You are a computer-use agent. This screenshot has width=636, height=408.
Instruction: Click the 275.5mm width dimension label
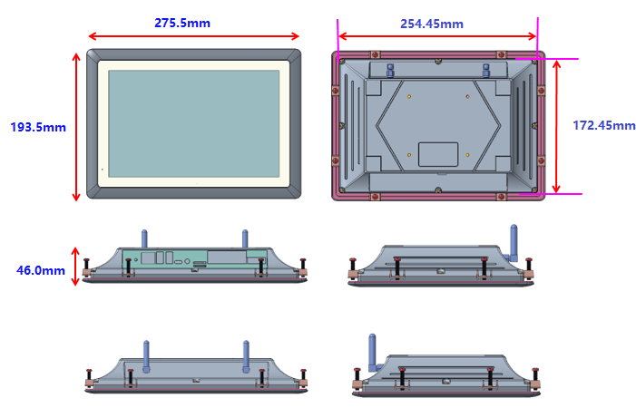(x=182, y=23)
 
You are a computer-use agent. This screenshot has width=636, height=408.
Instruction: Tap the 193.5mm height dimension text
(x=38, y=127)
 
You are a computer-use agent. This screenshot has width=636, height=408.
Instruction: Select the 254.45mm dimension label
(x=432, y=24)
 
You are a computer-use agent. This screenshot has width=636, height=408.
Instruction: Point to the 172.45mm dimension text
(x=604, y=125)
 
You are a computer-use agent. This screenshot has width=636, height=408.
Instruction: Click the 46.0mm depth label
(x=41, y=270)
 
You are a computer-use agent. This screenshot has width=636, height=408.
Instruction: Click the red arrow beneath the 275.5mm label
(x=193, y=36)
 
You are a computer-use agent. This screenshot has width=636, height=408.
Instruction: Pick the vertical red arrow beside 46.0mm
(x=75, y=267)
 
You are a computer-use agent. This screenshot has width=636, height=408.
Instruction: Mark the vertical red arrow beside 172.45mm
(x=556, y=126)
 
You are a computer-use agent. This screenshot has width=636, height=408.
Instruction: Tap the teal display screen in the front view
(x=194, y=123)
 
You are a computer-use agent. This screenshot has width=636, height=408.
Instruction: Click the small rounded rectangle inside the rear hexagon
(x=438, y=154)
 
